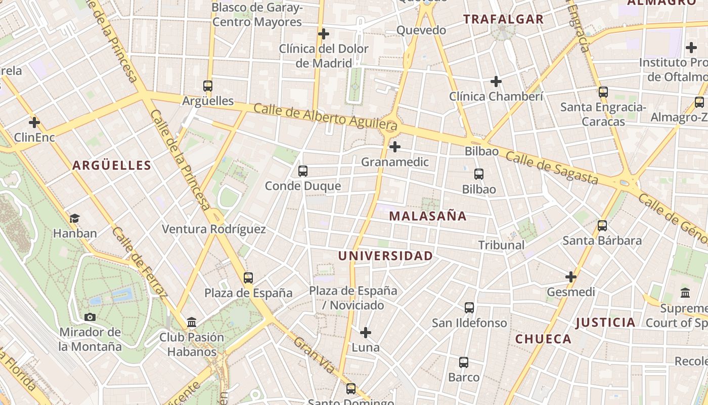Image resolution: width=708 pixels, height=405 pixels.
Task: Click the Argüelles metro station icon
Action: coord(208,86)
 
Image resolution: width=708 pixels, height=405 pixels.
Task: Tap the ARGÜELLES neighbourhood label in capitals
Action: coord(112,165)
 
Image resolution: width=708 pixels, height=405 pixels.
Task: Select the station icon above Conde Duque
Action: coord(303,171)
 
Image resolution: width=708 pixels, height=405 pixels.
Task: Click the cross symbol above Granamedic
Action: coord(395,147)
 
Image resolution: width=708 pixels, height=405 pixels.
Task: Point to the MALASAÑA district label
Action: coord(428,216)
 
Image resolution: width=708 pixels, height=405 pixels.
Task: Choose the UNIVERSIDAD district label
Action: coord(385,256)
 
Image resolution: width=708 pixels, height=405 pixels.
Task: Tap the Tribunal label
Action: coord(501,245)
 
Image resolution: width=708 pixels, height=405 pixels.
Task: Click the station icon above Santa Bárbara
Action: coord(602,225)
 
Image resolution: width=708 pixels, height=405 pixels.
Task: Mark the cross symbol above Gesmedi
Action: coord(571,277)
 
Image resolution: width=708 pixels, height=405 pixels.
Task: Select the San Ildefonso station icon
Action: coord(469,308)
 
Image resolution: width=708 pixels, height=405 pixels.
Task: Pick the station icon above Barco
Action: coord(464,362)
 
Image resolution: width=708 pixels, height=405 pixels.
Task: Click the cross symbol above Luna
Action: coord(366,333)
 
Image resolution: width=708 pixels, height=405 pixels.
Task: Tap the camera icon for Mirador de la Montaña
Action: coord(90,317)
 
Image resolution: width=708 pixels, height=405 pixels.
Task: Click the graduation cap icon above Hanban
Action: coord(75,218)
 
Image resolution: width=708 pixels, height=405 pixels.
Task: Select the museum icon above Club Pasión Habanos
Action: coord(192,322)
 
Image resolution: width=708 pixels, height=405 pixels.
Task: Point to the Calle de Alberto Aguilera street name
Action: coord(325,115)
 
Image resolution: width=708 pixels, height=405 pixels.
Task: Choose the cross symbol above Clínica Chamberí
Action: coord(496,81)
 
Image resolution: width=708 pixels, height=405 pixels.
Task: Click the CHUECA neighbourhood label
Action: coord(543,339)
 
